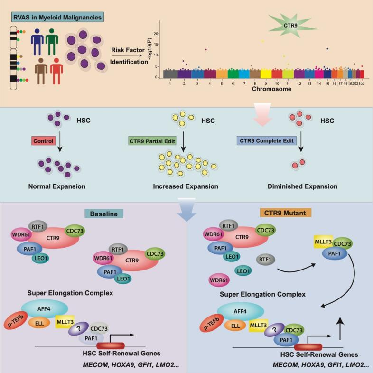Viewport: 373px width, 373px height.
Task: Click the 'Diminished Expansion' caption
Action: click(299, 187)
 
